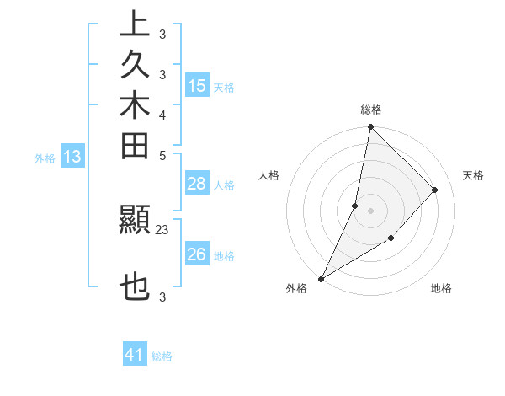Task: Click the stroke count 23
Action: (162, 228)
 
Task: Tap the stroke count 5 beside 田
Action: (162, 155)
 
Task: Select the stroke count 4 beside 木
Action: (162, 115)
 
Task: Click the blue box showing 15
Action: (197, 85)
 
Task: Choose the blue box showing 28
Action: (197, 184)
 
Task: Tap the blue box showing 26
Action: (197, 254)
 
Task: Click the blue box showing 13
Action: (72, 156)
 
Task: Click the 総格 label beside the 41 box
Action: (162, 356)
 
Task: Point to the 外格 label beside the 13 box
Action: (45, 158)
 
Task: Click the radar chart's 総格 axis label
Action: (370, 110)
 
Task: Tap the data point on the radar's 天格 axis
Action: (435, 190)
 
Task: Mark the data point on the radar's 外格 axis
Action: (321, 278)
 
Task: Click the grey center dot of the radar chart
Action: (370, 210)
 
